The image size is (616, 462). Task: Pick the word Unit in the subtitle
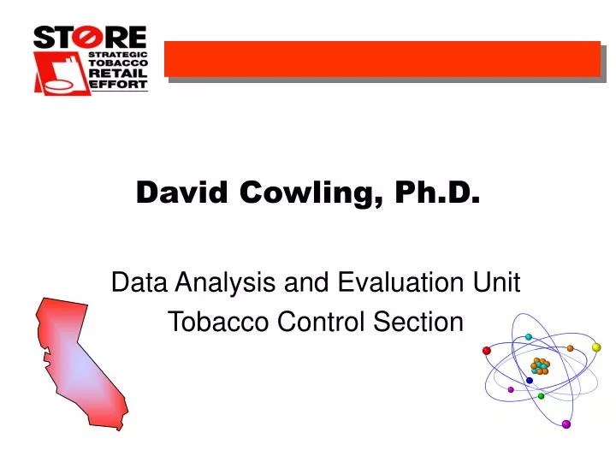[x=498, y=282]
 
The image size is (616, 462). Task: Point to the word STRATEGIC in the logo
[x=119, y=53]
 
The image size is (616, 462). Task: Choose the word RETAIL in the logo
[x=119, y=74]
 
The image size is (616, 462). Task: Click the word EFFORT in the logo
[x=119, y=84]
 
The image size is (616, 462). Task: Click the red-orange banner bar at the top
[x=382, y=58]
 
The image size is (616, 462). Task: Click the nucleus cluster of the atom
[x=540, y=366]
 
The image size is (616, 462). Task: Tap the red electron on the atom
[x=487, y=351]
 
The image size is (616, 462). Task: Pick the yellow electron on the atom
[x=596, y=347]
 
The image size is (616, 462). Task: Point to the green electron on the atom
[x=541, y=396]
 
